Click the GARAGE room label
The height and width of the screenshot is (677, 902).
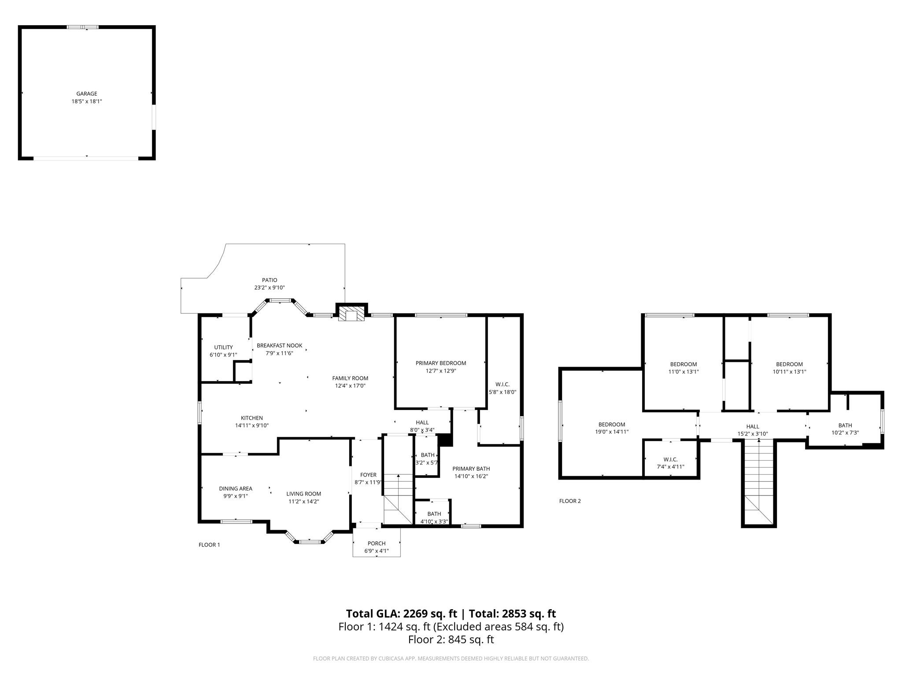coord(87,94)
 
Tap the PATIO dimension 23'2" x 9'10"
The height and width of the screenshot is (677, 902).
coord(270,288)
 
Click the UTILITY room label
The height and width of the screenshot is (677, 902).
coord(223,347)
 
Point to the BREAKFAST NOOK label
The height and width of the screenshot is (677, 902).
coord(280,346)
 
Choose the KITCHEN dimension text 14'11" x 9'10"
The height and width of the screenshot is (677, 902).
coord(251,426)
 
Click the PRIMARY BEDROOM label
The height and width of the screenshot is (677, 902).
coord(440,363)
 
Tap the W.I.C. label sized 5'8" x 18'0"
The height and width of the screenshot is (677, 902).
coord(502,384)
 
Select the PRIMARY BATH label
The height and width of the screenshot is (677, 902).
coord(471,469)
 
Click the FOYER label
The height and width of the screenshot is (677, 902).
coord(368,475)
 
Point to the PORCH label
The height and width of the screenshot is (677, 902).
coord(377,543)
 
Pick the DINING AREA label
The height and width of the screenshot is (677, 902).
coord(236,488)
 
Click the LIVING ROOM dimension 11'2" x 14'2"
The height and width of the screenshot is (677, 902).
coord(303,502)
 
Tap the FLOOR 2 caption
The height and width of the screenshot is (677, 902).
coord(570,501)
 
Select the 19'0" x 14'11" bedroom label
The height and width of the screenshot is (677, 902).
coord(611,432)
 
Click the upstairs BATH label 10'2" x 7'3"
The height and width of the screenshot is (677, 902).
coord(845,425)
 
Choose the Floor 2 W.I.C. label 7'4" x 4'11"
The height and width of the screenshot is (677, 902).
coord(670,459)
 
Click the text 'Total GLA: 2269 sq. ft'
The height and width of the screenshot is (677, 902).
coord(401,614)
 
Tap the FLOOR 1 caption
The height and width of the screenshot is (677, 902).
coord(209,545)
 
